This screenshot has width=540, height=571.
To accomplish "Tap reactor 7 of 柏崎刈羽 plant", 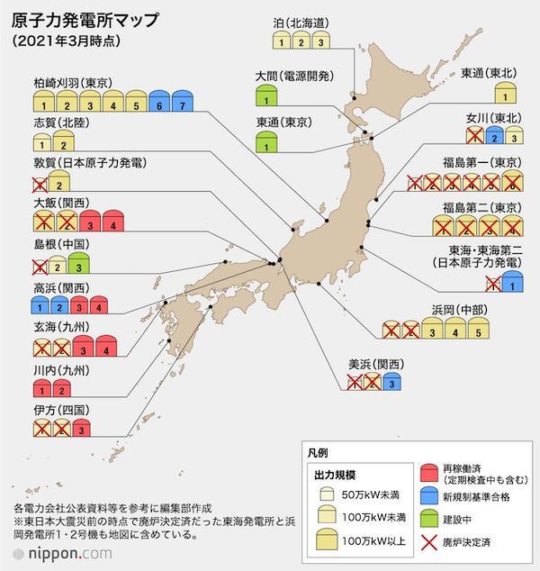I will click(x=183, y=101).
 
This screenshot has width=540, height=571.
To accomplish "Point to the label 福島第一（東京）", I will click(x=477, y=163).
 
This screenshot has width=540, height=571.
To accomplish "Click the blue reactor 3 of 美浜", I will click(x=390, y=382).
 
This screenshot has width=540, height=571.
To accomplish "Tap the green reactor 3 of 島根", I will click(x=78, y=263).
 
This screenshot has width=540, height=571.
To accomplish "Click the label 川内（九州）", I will click(x=61, y=370).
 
